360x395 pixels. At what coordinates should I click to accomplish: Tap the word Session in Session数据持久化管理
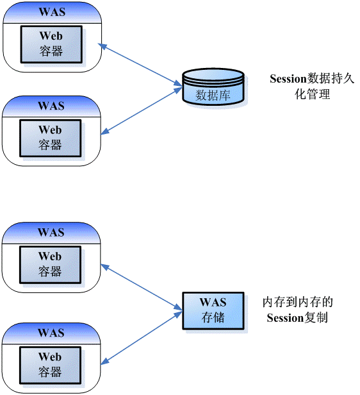(x=288, y=80)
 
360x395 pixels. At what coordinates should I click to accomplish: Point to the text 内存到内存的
(x=298, y=302)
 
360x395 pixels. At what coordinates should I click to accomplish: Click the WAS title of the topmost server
(x=51, y=12)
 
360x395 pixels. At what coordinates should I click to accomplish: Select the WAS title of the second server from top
(x=51, y=106)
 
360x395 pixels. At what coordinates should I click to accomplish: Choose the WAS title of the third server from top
(x=51, y=232)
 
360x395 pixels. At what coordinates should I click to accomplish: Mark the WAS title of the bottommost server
(x=51, y=333)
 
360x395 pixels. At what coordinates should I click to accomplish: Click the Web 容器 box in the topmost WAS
(x=51, y=44)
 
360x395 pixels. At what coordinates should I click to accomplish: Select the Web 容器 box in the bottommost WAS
(x=51, y=364)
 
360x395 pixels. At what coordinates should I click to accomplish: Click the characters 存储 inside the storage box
(x=213, y=317)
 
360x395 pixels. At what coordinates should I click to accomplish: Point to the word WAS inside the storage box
(x=213, y=303)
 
